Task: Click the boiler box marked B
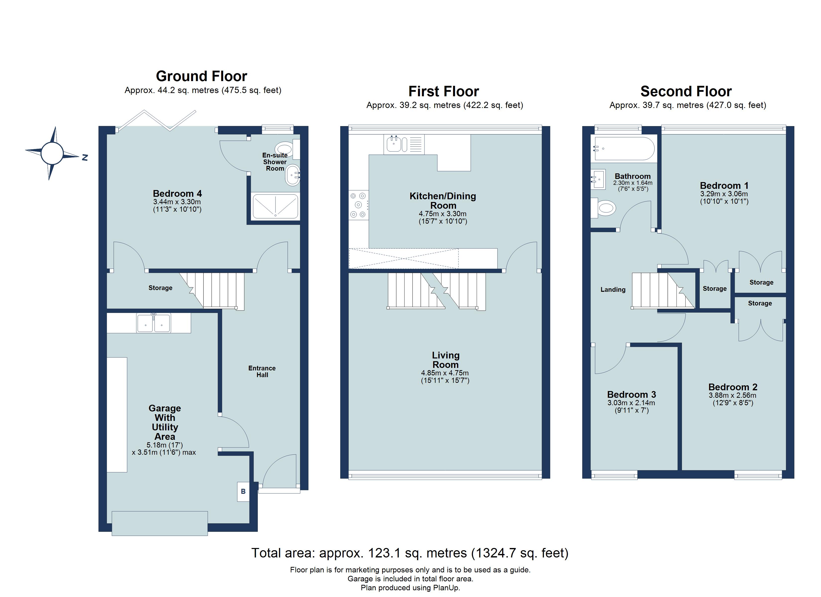243,492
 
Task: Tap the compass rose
52,153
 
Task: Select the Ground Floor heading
201,76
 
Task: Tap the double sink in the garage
154,323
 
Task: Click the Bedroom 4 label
177,194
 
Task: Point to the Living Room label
445,360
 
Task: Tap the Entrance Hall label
262,371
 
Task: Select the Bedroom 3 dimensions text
632,406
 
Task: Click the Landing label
613,290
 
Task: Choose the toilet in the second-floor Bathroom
603,208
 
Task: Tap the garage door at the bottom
160,523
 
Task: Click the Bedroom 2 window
758,475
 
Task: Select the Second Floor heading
686,92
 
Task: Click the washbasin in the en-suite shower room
293,175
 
